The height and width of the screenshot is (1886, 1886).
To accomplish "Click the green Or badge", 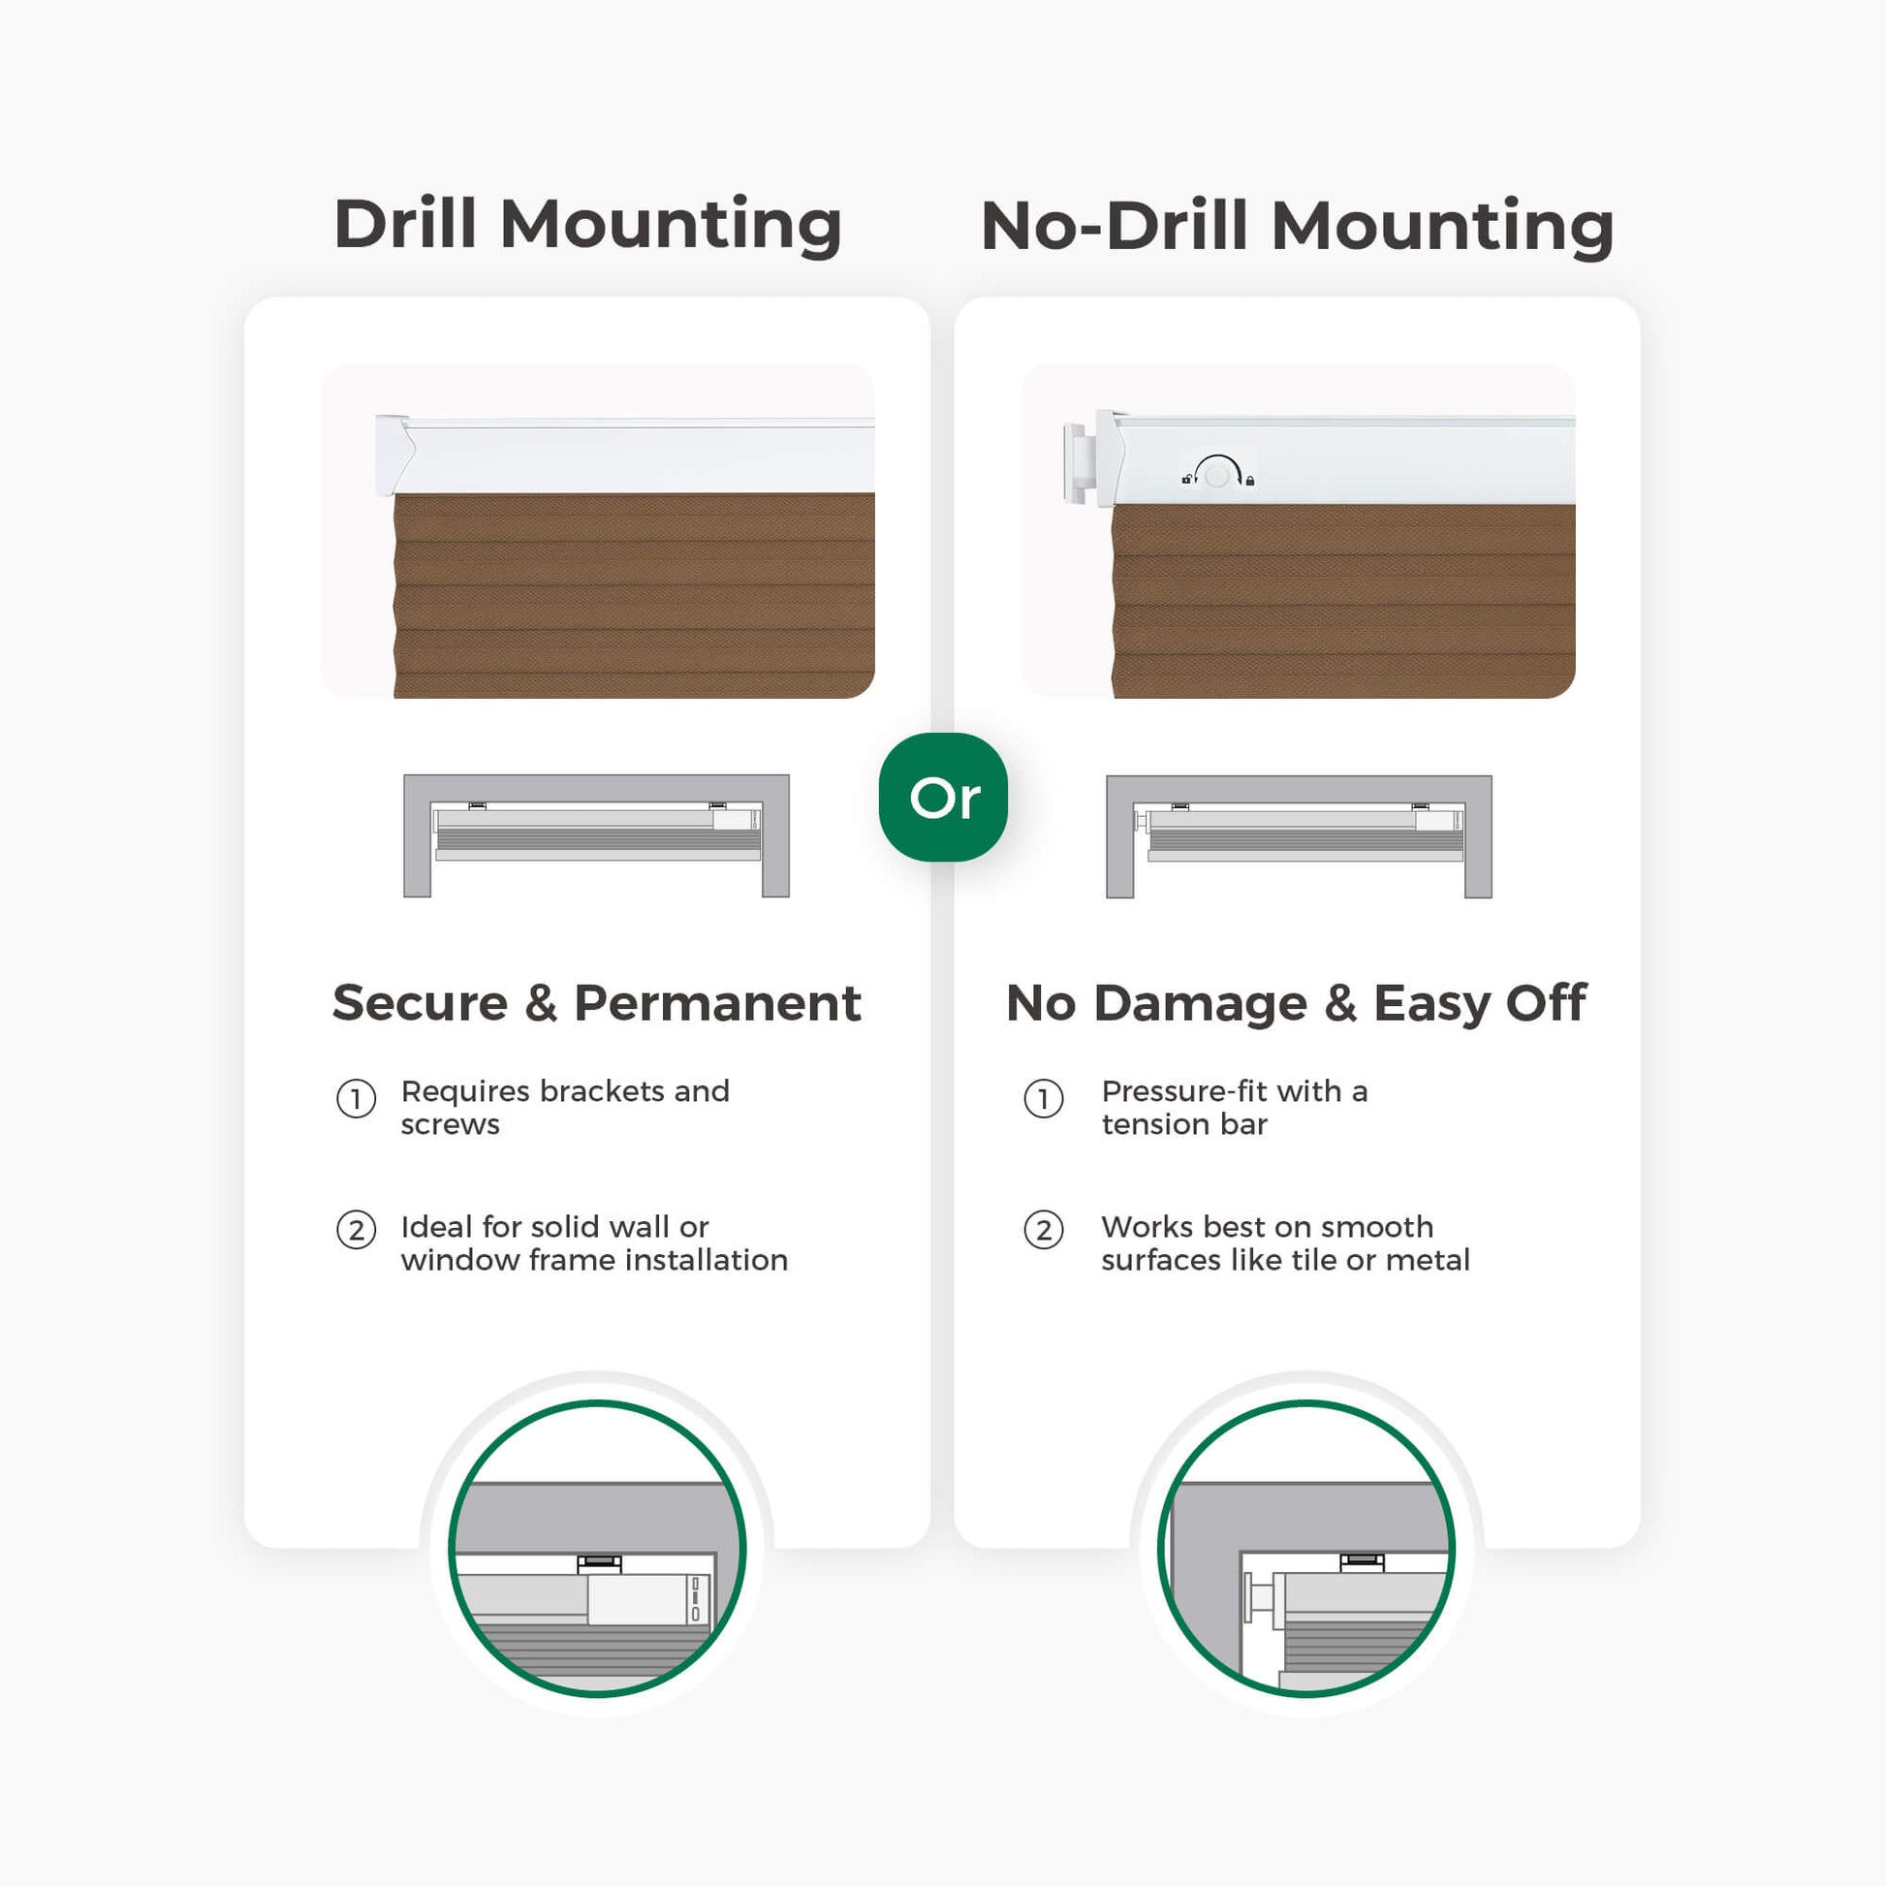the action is (943, 797).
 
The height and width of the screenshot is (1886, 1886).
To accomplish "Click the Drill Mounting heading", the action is (587, 225).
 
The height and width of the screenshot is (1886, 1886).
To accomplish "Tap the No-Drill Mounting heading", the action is (1298, 226).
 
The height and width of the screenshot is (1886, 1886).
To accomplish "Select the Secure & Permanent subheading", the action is (596, 1002).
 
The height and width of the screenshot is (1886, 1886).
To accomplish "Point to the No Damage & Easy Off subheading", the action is (1297, 1003).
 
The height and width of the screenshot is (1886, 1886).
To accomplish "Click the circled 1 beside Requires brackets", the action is (357, 1099).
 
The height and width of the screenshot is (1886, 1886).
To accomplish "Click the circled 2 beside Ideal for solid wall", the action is (357, 1230).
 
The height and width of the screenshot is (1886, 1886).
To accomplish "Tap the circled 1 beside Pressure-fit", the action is (1044, 1099).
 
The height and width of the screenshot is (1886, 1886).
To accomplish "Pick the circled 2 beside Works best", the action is (1044, 1230).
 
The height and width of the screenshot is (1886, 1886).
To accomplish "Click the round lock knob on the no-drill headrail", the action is (1216, 476).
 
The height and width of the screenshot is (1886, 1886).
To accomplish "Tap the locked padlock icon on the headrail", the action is (1249, 481).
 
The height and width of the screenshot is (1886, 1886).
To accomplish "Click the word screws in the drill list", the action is (450, 1125).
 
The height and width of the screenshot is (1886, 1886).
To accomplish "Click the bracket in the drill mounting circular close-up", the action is (599, 1563).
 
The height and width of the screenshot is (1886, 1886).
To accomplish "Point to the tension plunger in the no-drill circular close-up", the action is (1260, 1599).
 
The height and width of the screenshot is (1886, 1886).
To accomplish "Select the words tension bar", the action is (1184, 1124).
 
